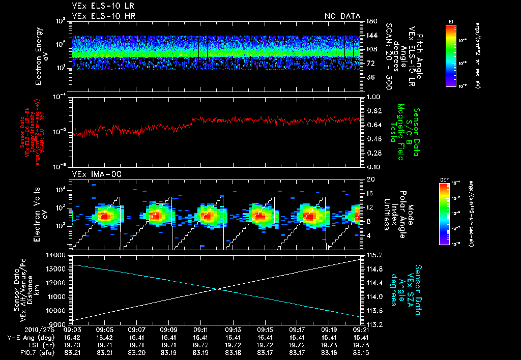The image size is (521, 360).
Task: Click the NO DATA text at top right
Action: [x=342, y=16]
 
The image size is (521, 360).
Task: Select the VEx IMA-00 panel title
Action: [x=94, y=174]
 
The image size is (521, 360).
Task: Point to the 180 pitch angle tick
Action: [x=370, y=21]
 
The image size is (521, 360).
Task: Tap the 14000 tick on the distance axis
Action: [x=57, y=255]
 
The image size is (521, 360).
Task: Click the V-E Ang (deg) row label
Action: [x=31, y=337]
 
